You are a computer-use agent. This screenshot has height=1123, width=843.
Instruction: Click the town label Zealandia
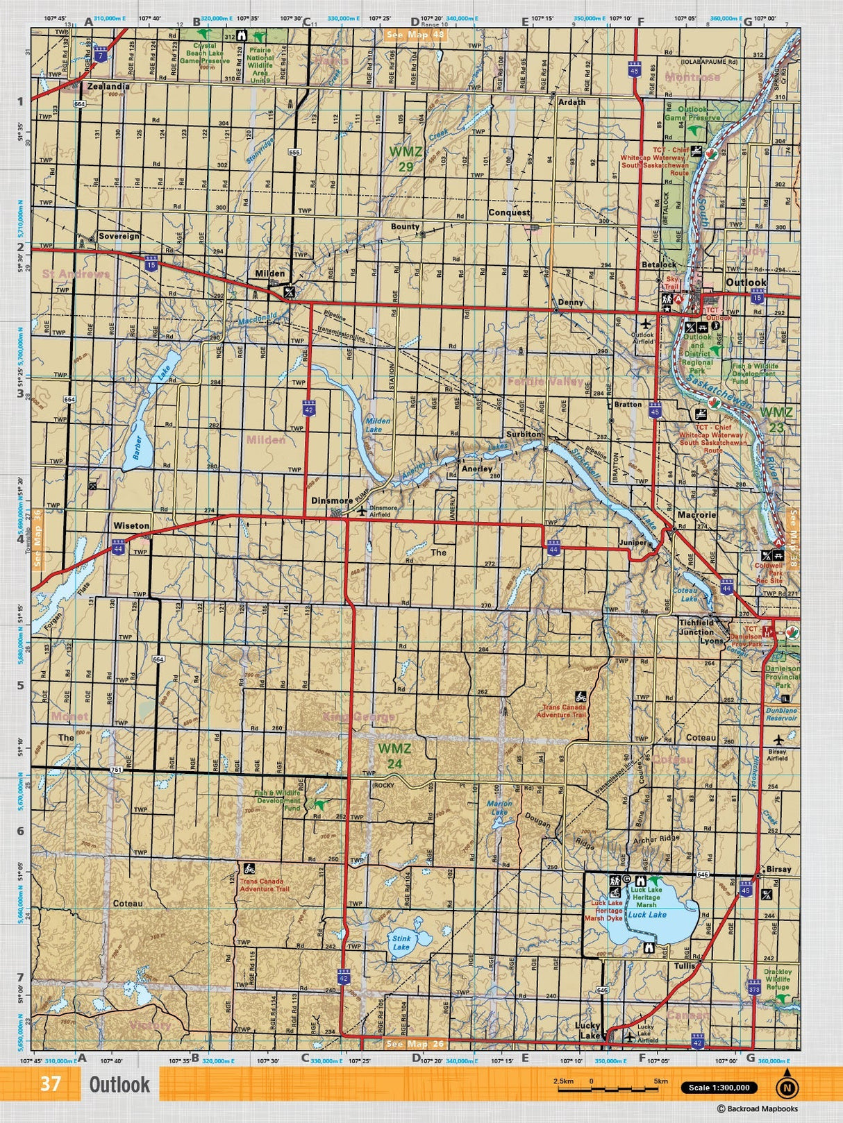point(108,87)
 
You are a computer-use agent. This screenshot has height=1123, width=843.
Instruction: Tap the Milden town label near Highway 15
point(269,273)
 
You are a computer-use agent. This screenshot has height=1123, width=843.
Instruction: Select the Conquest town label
point(508,212)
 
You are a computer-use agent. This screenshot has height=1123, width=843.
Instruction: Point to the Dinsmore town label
point(331,500)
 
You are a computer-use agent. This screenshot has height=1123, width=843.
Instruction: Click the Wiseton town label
point(131,525)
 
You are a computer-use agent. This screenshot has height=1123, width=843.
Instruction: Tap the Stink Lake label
point(401,943)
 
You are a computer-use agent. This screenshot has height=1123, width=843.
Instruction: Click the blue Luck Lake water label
point(647,915)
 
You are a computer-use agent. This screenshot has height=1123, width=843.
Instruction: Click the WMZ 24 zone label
point(394,755)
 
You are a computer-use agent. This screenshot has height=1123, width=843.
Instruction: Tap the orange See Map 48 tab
point(415,33)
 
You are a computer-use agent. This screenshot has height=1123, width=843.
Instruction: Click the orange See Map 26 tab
point(415,1044)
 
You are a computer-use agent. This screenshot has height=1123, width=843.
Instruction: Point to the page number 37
point(50,1084)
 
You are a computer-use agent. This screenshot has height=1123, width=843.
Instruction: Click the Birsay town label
point(778,869)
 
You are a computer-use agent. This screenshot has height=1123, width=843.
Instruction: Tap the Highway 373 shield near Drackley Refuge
point(755,986)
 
